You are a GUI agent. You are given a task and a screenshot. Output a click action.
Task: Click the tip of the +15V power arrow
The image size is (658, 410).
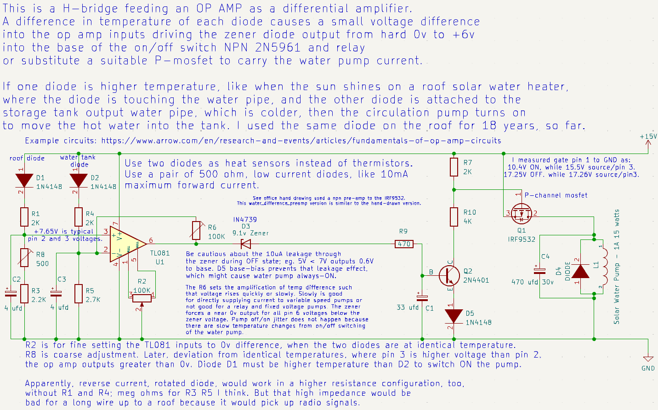pos(648,140)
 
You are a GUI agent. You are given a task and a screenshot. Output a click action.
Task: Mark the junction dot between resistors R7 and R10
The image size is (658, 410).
pos(454,190)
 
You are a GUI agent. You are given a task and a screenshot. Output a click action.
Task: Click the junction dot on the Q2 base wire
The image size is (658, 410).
pos(422,276)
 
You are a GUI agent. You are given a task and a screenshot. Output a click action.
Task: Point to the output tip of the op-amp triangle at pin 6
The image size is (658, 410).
pos(146,244)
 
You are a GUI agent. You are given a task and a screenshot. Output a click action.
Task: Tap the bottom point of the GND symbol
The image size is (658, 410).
pos(648,361)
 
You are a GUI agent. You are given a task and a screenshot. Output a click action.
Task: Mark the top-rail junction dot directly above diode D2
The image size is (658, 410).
pos(79,154)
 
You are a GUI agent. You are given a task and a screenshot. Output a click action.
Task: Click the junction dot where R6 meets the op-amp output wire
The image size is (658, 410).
pos(196,244)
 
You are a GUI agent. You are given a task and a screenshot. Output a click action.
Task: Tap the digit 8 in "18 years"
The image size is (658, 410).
pos(493,126)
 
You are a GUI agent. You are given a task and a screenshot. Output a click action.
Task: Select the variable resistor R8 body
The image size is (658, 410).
pos(24,257)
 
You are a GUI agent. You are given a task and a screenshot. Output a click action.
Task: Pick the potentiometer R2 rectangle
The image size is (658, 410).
pos(142,298)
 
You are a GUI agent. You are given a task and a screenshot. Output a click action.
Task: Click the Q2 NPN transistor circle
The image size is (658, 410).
pos(449,276)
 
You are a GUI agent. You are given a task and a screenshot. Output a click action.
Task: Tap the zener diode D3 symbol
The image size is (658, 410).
pos(245,244)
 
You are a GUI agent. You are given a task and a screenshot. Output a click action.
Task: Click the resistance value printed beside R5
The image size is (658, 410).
pos(93,300)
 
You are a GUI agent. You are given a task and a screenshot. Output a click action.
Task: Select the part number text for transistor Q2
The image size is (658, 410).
pos(476,280)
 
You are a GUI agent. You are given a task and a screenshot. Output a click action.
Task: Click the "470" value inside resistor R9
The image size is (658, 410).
pos(404,244)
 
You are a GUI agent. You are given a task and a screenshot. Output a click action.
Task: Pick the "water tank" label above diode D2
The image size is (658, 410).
pos(78,157)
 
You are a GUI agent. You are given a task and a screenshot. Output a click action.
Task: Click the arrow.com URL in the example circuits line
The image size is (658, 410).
pos(301,141)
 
